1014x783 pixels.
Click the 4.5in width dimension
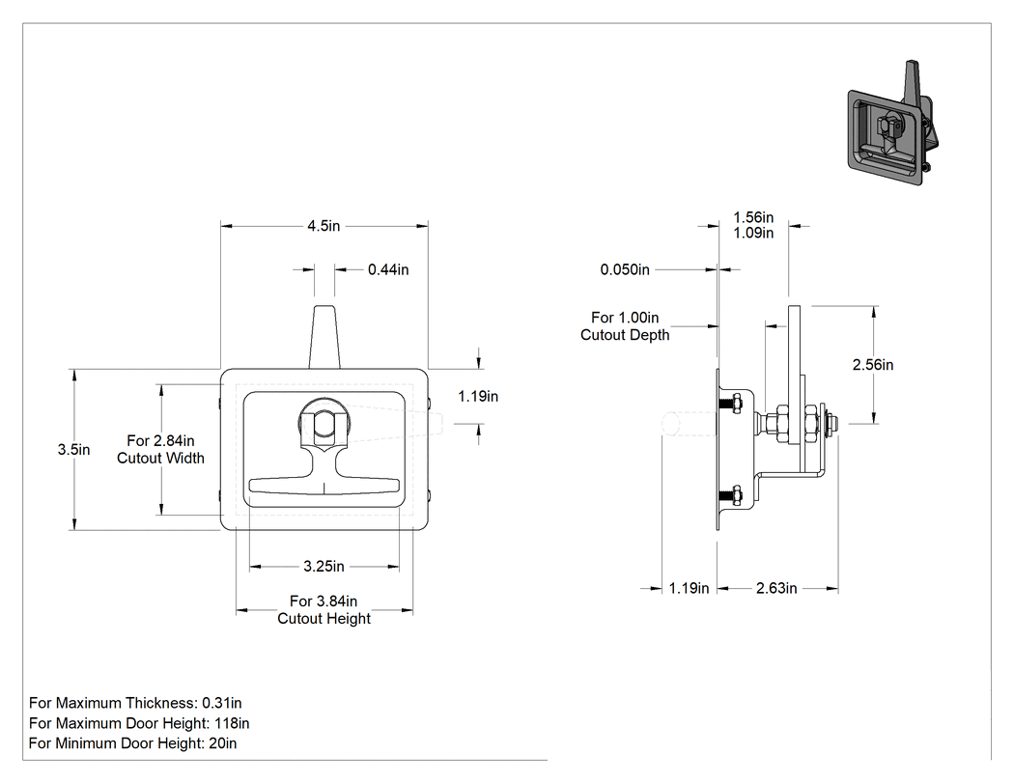click(324, 226)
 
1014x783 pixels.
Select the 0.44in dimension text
click(388, 269)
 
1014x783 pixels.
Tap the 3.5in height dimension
click(73, 449)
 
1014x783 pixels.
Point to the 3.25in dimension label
click(324, 567)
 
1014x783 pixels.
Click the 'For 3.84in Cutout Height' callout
click(324, 610)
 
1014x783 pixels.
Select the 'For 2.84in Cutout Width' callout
click(160, 449)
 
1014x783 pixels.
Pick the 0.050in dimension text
click(625, 269)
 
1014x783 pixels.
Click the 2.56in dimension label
click(873, 365)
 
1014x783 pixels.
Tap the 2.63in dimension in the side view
click(776, 588)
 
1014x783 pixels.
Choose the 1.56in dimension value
click(753, 217)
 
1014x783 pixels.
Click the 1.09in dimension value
click(753, 233)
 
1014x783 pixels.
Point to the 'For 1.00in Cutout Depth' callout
click(625, 326)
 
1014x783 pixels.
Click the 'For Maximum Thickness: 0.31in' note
click(135, 703)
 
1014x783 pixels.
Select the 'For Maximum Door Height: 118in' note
click(139, 723)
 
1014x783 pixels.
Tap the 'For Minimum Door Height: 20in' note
click(132, 742)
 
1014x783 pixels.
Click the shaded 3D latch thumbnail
click(892, 124)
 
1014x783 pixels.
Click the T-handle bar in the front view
click(324, 485)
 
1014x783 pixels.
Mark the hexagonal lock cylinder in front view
click(324, 424)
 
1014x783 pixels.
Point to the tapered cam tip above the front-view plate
click(324, 337)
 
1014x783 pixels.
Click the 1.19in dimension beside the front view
click(478, 397)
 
